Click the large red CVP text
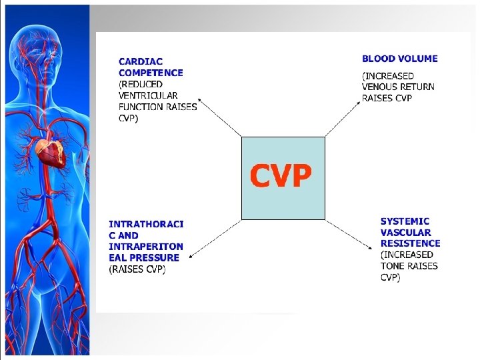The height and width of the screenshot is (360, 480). (x=281, y=177)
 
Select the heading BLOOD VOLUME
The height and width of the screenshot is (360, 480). (x=399, y=59)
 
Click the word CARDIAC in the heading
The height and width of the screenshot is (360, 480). (x=141, y=61)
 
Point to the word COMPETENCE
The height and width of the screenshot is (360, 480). (x=151, y=73)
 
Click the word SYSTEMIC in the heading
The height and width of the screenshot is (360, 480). (x=405, y=221)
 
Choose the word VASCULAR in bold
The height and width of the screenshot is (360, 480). (x=406, y=233)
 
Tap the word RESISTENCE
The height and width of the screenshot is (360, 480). (x=410, y=243)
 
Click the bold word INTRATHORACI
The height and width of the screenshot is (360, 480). (x=146, y=224)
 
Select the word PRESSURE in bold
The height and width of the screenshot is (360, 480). (x=154, y=257)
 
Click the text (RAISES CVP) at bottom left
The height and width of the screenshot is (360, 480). (x=137, y=269)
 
